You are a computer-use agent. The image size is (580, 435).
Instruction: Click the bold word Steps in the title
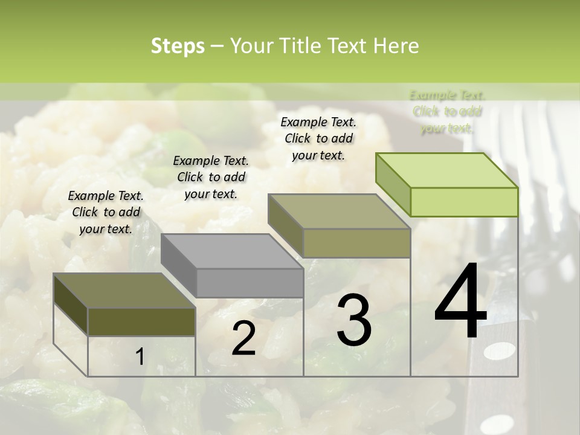[x=178, y=46]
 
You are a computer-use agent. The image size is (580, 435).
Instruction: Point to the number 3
[x=353, y=320]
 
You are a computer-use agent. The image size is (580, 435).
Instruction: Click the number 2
[x=243, y=338]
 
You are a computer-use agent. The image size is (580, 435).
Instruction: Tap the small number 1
[x=140, y=356]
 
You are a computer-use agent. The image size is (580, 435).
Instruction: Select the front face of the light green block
[x=464, y=202]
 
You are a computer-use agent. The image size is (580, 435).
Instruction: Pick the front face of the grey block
[x=250, y=283]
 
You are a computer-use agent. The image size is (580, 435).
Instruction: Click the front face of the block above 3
[x=356, y=243]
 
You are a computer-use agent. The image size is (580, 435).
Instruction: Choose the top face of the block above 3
[x=339, y=211]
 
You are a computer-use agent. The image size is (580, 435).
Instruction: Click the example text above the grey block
[x=211, y=177]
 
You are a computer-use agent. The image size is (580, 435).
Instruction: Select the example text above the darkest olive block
[x=106, y=212]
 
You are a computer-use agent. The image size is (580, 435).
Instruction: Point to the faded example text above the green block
[x=447, y=112]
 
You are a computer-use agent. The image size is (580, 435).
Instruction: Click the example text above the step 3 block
[x=318, y=138]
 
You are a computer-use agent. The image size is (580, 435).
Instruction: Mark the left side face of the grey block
[x=178, y=266]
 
